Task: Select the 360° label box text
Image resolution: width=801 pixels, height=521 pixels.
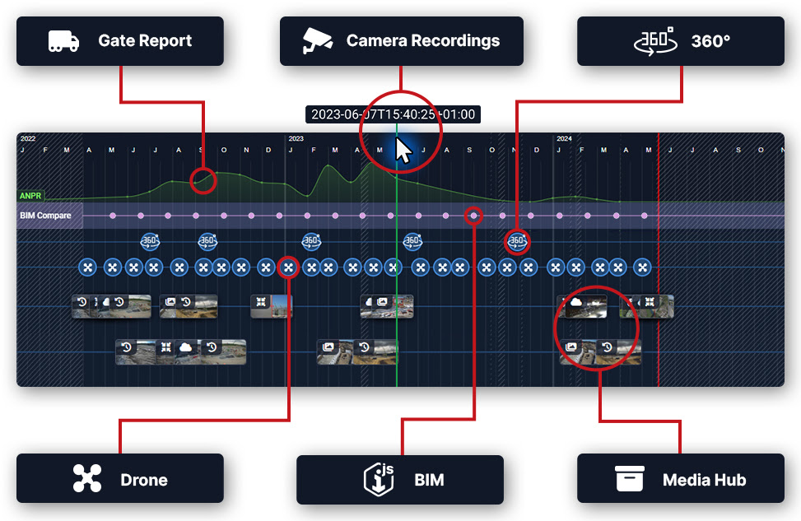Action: pos(710,40)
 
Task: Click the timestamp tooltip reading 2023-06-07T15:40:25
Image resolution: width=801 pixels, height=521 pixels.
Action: pos(393,114)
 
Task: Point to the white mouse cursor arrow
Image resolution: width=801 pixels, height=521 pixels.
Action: pos(403,151)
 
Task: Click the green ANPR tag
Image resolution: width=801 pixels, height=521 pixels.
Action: pos(31,196)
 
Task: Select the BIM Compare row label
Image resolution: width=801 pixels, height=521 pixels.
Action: pos(45,216)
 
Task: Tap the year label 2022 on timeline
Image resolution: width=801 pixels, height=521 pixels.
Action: pos(28,139)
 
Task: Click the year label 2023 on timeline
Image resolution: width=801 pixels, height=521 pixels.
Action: pos(296,139)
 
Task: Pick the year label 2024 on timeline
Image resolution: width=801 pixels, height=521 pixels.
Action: pos(564,139)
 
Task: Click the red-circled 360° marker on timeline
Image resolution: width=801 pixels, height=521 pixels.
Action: pos(517,241)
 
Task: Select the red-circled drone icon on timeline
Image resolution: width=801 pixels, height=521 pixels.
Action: pos(288,267)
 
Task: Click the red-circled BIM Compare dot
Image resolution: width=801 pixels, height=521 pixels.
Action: pos(473,216)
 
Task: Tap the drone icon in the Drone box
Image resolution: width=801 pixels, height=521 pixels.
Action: pos(86,478)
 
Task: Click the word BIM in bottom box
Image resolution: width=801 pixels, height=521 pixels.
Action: pos(429,480)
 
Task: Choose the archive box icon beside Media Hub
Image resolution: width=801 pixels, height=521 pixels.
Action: pos(629,478)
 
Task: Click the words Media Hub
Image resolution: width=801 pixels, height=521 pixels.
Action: pos(705,480)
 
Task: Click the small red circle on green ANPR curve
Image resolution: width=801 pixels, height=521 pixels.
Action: pos(203,180)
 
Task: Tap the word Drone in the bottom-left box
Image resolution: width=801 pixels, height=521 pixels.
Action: pos(144,480)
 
